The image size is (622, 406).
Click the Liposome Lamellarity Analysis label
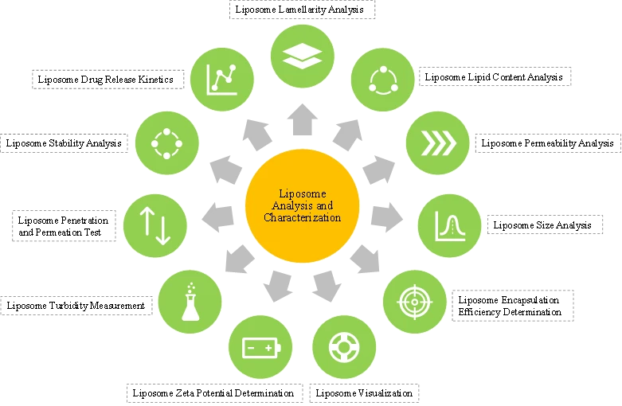pos(299,10)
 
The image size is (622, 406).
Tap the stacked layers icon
pos(303,56)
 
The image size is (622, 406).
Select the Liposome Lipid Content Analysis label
pos(494,77)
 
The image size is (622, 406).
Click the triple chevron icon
pos(438,143)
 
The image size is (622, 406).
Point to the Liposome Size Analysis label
pos(542,225)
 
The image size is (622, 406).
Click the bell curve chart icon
pos(450,226)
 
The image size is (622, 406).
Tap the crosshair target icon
pos(415,302)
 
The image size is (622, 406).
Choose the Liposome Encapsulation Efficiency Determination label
pos(510,306)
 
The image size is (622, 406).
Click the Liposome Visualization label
pos(364,393)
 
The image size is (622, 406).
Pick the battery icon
pos(261,348)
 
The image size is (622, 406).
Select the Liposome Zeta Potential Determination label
pos(213,393)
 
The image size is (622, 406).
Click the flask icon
pos(190,302)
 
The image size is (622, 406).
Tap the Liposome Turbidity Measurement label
pos(76,306)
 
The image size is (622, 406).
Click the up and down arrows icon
pos(155,226)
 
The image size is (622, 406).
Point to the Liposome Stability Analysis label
pos(64,143)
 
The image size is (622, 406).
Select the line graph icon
pos(221,80)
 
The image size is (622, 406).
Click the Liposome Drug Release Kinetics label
pos(105,80)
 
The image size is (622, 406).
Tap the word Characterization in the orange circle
pos(303,217)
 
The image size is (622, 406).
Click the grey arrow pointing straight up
pos(303,119)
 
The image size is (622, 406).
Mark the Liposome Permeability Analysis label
pos(547,143)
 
